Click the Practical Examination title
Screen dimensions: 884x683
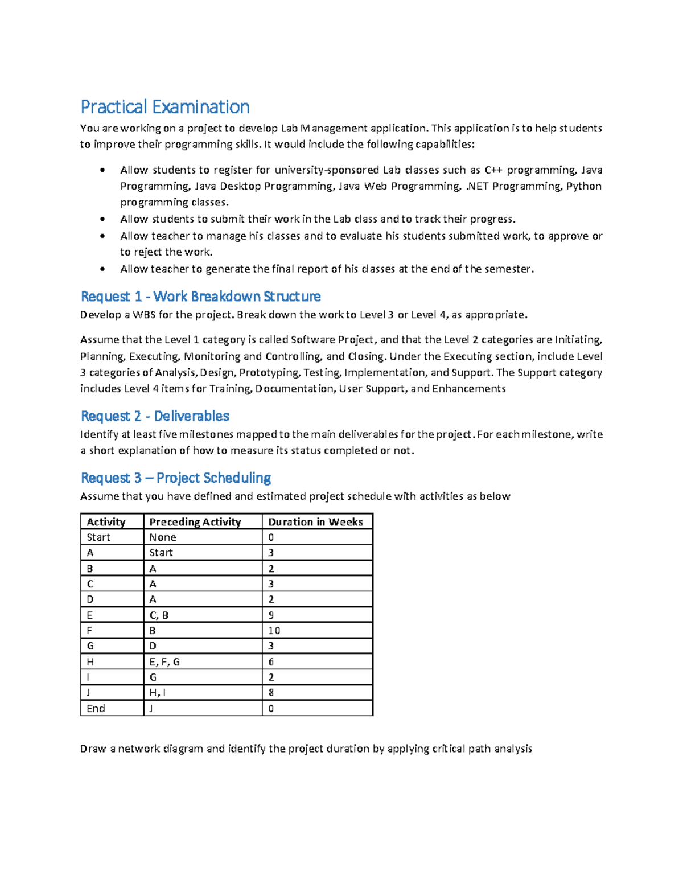[x=165, y=107]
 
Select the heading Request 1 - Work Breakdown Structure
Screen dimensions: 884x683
[x=200, y=297]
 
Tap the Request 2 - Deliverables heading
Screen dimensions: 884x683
[x=155, y=416]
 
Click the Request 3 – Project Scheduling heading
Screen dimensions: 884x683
[x=175, y=478]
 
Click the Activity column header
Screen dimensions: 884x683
[x=106, y=522]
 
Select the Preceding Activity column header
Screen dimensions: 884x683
[x=195, y=522]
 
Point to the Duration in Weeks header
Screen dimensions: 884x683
[x=315, y=522]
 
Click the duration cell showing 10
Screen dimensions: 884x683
[x=274, y=631]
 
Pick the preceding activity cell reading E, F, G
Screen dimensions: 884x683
[x=164, y=662]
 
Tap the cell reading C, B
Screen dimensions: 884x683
[x=159, y=615]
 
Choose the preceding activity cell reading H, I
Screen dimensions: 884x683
[x=157, y=693]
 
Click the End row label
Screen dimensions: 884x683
[x=96, y=709]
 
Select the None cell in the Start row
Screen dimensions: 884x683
[x=163, y=537]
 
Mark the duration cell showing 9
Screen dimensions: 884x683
[x=271, y=615]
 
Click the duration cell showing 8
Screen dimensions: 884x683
[x=271, y=693]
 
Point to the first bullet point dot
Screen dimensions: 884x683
[x=102, y=170]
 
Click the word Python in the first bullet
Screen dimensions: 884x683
[x=583, y=186]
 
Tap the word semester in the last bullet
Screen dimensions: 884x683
[x=508, y=269]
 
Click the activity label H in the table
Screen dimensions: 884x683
[x=90, y=662]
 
